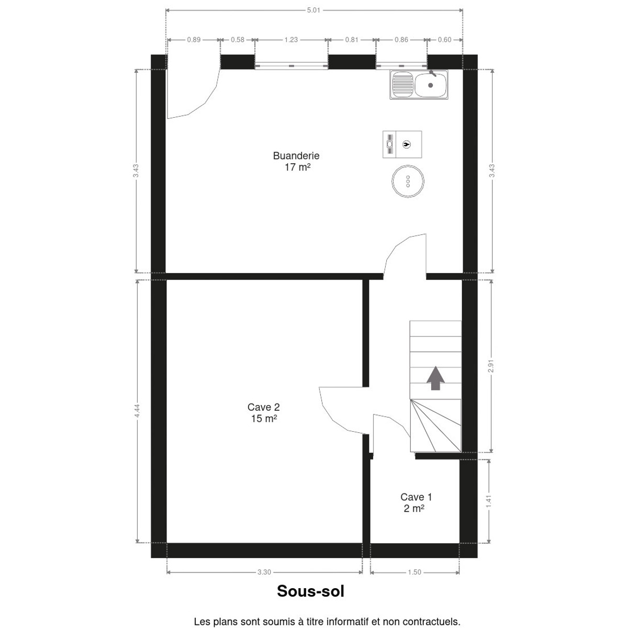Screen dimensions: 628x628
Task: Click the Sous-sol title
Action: point(310,591)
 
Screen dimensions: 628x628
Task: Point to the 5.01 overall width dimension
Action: point(313,10)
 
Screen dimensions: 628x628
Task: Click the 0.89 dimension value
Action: point(194,40)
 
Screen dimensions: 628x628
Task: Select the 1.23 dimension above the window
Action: point(291,40)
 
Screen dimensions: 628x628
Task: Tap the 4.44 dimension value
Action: point(137,411)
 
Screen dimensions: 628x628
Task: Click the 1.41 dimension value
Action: point(488,501)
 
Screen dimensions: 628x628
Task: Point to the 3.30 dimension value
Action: point(264,573)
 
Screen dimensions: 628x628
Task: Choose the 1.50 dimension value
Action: point(414,573)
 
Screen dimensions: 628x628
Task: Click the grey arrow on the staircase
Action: point(436,378)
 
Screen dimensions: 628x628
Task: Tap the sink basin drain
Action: point(431,85)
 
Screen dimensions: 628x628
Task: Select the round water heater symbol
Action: point(408,181)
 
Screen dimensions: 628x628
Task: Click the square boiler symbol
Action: point(402,144)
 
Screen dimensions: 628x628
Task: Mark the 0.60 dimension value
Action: point(444,40)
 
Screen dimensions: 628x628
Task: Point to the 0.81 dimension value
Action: point(352,40)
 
